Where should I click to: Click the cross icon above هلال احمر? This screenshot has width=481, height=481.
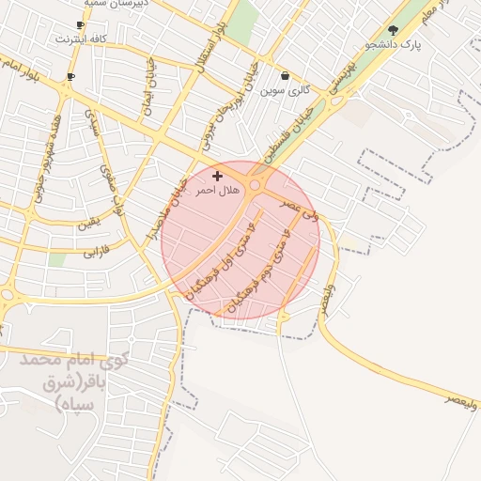click(x=218, y=176)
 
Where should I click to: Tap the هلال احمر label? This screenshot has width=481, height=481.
click(x=212, y=190)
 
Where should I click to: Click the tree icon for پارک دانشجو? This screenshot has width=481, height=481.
click(x=393, y=30)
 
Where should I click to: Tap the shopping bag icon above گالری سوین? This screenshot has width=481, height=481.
click(x=286, y=76)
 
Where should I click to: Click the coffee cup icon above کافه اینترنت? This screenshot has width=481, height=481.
click(x=80, y=25)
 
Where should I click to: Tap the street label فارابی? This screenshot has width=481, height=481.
click(x=96, y=252)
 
